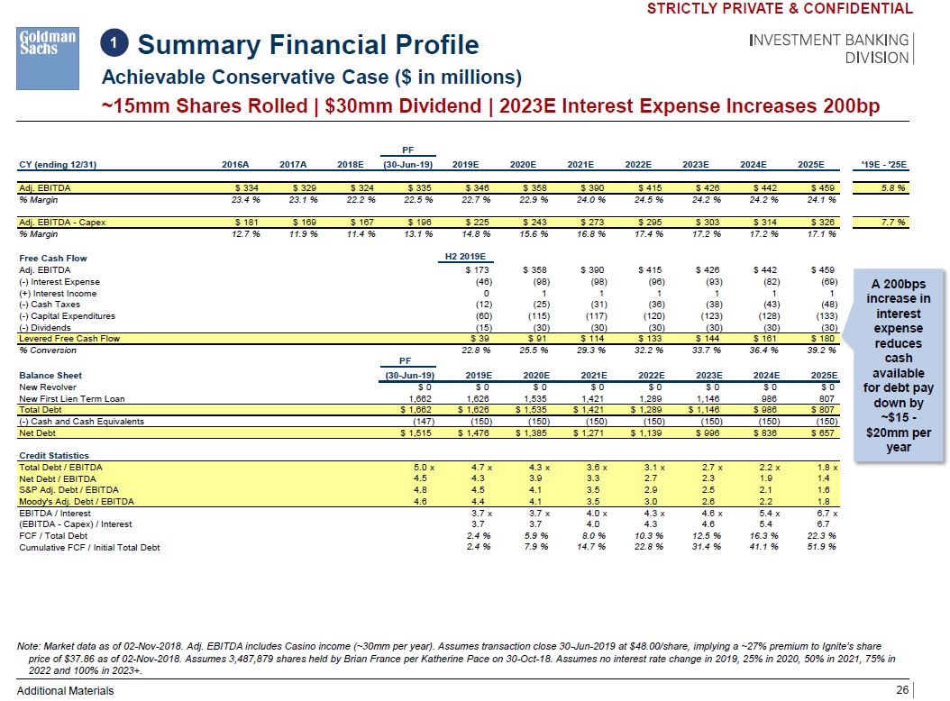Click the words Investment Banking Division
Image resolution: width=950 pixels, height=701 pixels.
(x=829, y=49)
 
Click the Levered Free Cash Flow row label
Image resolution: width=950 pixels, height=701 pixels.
(x=69, y=339)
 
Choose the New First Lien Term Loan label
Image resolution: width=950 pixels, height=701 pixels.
(x=72, y=398)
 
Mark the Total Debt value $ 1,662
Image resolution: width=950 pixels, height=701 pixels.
(x=416, y=409)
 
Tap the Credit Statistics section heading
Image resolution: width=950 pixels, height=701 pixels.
(x=54, y=456)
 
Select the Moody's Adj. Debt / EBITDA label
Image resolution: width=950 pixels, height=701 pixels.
(x=77, y=501)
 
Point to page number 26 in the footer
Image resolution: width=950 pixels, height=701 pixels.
(x=902, y=690)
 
